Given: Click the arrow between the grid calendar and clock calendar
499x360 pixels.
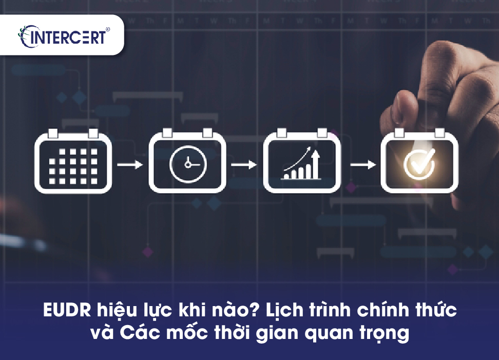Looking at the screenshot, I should point(130,165).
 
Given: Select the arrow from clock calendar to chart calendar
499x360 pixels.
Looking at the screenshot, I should point(244,165).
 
